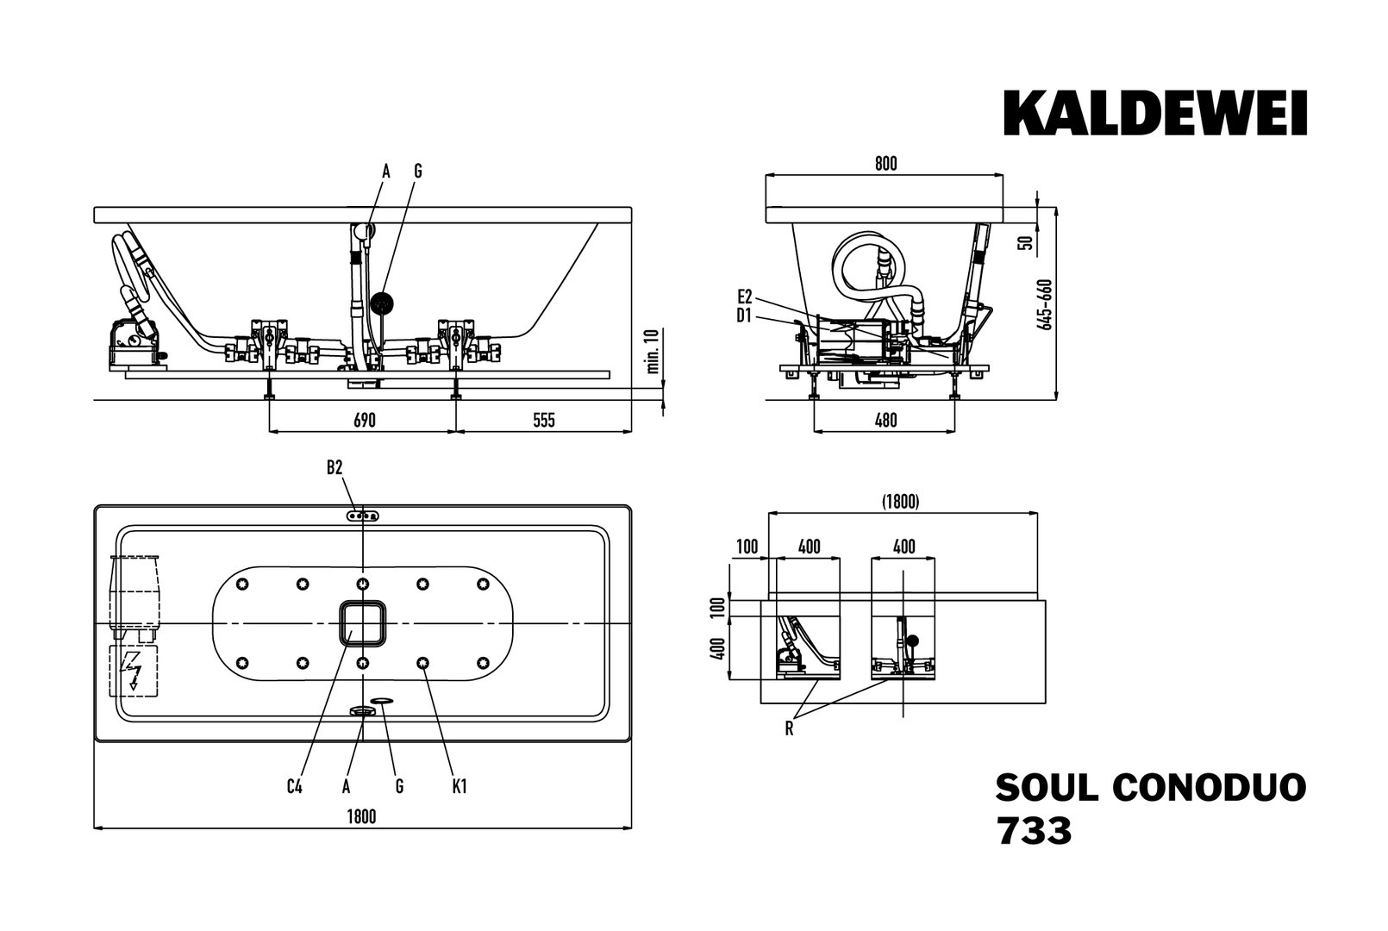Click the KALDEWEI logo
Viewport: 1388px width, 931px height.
click(1155, 114)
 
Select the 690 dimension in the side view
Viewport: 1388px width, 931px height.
click(365, 421)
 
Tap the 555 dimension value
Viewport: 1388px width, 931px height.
click(544, 421)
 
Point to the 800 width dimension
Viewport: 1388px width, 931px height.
click(885, 164)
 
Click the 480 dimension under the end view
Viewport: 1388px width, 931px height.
click(885, 421)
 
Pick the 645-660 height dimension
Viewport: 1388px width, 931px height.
click(1045, 303)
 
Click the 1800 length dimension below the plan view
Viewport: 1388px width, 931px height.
click(362, 816)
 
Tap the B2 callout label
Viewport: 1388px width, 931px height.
click(334, 468)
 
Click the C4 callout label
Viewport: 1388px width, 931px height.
click(295, 786)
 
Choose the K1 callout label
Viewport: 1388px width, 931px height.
click(459, 786)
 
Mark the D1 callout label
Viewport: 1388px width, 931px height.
click(745, 316)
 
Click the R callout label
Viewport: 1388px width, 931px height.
click(789, 729)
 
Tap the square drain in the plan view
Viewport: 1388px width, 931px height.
click(363, 623)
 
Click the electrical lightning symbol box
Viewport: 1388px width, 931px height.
click(134, 672)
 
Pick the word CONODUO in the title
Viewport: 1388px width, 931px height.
click(1210, 787)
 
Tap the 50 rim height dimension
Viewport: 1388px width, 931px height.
click(1026, 241)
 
